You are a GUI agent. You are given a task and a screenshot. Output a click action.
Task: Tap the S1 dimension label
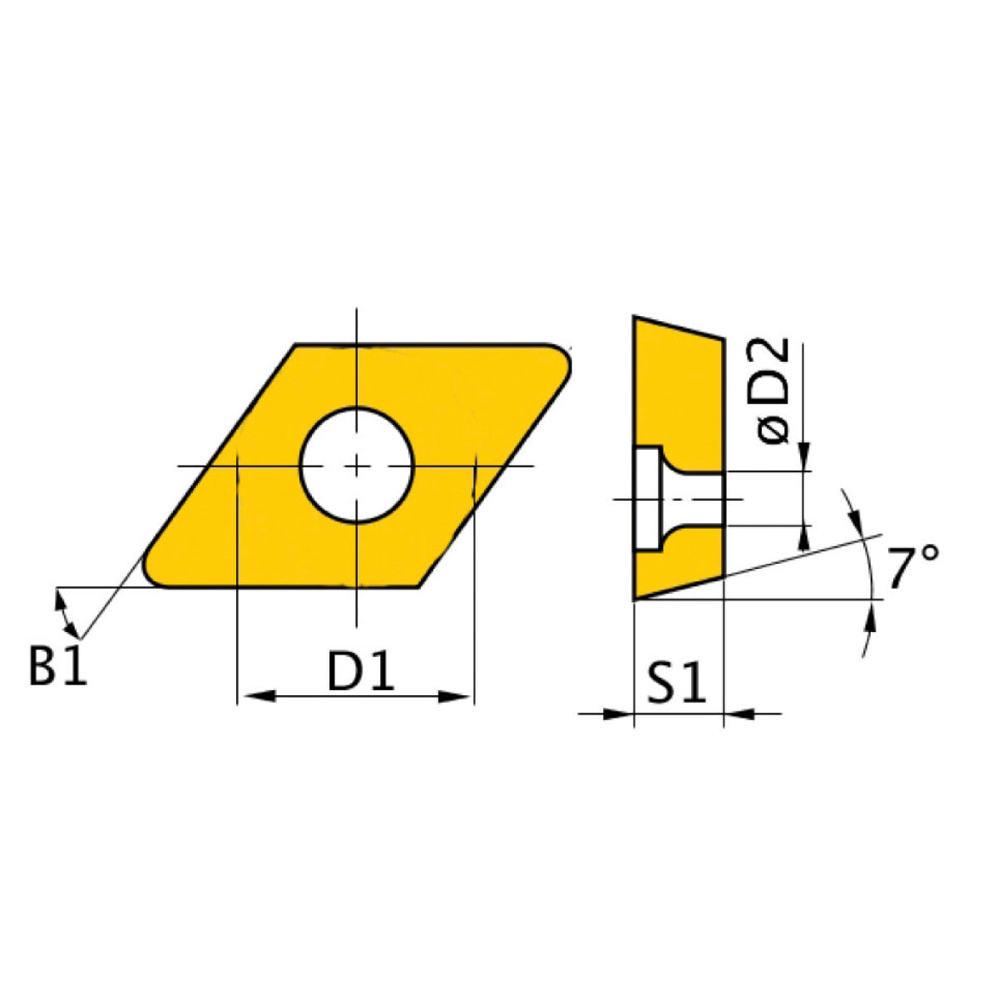[676, 684]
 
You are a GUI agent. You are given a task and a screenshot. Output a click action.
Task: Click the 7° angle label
[912, 569]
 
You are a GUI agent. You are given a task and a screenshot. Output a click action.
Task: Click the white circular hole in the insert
[357, 465]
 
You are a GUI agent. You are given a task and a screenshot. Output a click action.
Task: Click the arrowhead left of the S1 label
[615, 713]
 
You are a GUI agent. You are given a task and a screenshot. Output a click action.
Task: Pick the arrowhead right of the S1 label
[739, 713]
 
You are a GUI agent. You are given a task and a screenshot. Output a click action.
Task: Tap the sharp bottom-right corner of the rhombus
[418, 586]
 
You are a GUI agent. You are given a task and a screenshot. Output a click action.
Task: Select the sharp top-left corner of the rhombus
[296, 344]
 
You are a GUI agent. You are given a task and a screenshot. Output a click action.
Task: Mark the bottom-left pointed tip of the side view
[635, 598]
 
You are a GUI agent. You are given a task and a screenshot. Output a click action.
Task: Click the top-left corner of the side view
[635, 317]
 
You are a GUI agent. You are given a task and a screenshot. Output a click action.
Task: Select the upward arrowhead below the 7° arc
[871, 618]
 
